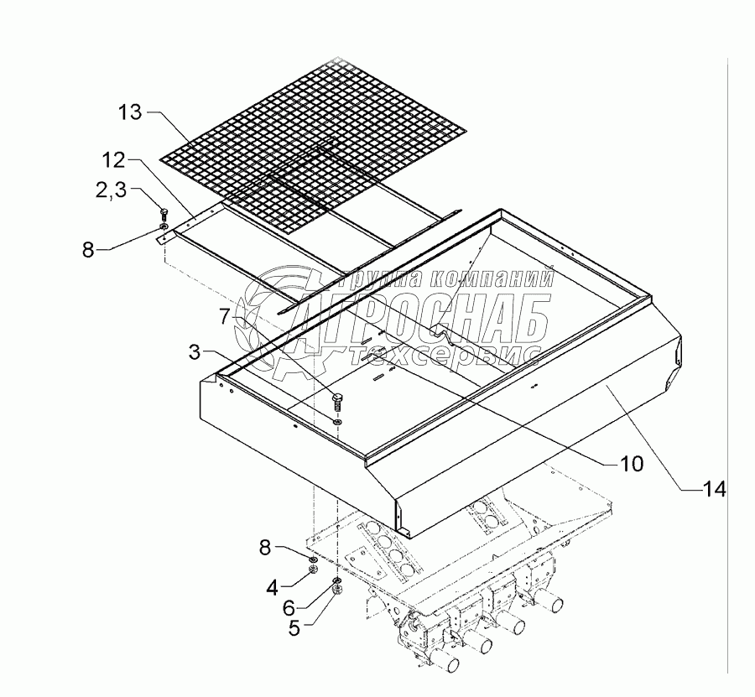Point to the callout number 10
click(x=631, y=462)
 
